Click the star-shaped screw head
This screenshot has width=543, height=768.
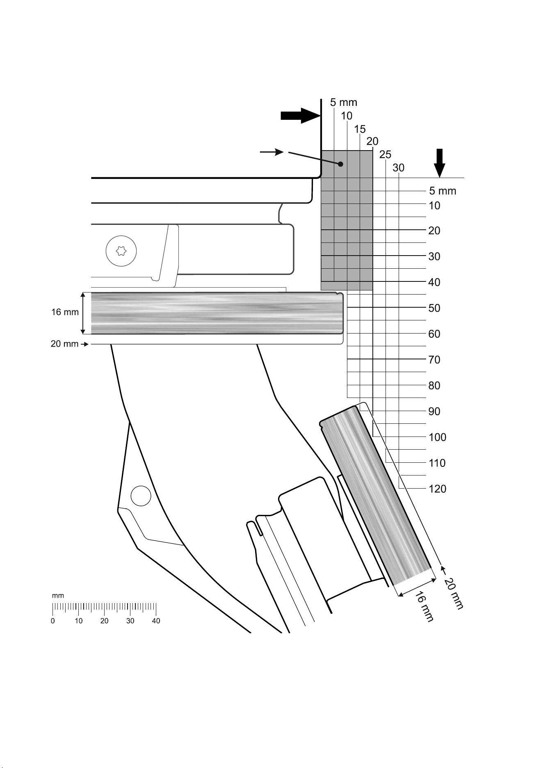[x=121, y=250]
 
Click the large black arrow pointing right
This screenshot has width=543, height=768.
[x=300, y=115]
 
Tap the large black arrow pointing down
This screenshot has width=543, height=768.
[x=440, y=163]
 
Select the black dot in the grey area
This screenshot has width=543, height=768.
[x=340, y=164]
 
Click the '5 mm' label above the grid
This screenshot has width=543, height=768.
[x=344, y=103]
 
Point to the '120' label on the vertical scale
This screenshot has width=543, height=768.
[x=437, y=489]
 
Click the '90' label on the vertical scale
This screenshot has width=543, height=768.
[x=434, y=411]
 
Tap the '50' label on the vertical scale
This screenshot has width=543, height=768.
[x=434, y=308]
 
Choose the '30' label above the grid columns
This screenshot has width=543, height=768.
[x=399, y=168]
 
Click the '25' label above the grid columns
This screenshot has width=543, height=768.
[x=386, y=155]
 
